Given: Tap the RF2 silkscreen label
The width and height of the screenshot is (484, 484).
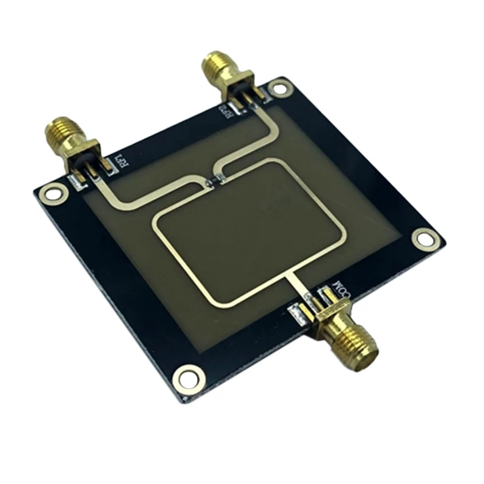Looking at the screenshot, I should coord(224,111).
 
